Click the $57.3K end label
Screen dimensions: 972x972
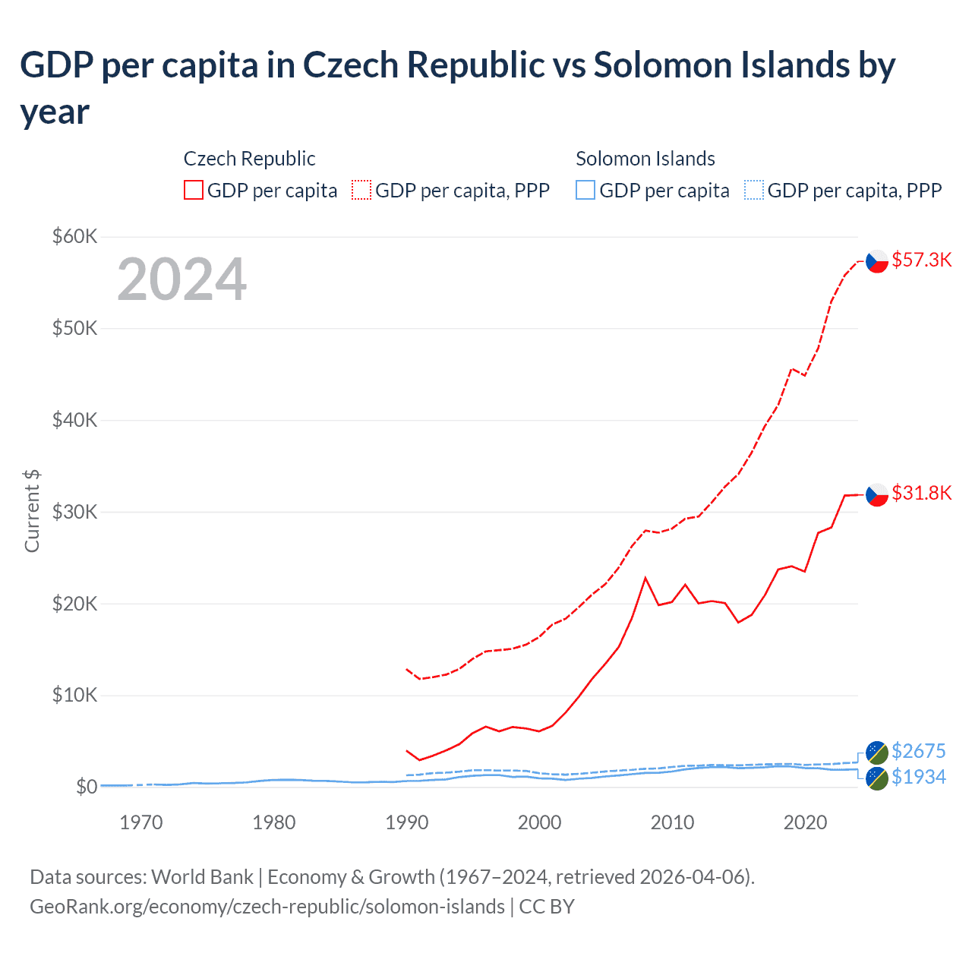921,260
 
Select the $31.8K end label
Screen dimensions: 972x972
921,494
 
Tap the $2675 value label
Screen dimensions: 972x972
918,751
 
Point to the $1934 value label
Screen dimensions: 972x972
918,777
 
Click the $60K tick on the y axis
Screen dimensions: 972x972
74,236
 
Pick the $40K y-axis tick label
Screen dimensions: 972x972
74,420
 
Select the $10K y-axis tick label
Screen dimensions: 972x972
74,696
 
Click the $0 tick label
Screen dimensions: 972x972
87,787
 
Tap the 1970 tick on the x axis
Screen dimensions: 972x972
141,822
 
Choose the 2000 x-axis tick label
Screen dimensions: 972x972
539,822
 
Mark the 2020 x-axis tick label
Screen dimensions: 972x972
805,822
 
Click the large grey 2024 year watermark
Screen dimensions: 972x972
181,280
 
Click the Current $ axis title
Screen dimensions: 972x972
32,511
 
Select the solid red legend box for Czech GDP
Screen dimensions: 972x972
194,190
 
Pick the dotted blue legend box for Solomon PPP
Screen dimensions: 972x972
754,190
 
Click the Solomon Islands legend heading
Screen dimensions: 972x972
645,159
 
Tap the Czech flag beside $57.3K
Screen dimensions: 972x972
877,261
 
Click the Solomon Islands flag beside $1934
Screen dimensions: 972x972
877,778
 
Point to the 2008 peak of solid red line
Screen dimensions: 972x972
645,579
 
